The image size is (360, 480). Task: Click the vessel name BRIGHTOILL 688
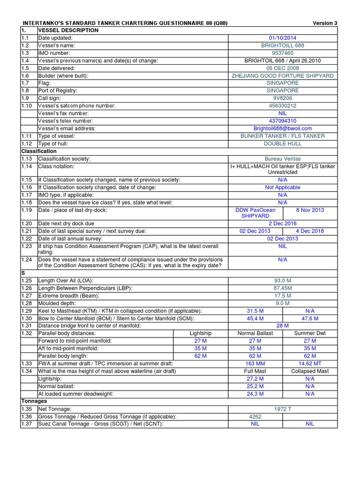point(282,45)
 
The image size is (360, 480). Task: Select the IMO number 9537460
point(282,53)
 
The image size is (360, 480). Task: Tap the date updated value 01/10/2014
point(282,38)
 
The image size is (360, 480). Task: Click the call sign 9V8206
point(282,98)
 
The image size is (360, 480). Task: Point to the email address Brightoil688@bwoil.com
point(282,128)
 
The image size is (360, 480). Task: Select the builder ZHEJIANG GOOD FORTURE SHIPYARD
point(282,75)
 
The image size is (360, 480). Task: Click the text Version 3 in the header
point(324,23)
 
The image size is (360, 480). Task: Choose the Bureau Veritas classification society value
point(282,159)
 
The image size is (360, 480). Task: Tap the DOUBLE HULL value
point(282,143)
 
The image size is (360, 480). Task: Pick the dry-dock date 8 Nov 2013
point(310,210)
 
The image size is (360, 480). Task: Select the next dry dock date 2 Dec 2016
point(282,224)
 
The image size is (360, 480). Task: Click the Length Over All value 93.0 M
point(282,281)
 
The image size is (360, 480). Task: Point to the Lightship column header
point(200,333)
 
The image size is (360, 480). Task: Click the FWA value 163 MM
point(255,363)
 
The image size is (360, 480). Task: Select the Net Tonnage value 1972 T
point(282,409)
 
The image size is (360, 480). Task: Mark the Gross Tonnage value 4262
point(255,416)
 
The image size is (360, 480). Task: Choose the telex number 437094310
point(282,120)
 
